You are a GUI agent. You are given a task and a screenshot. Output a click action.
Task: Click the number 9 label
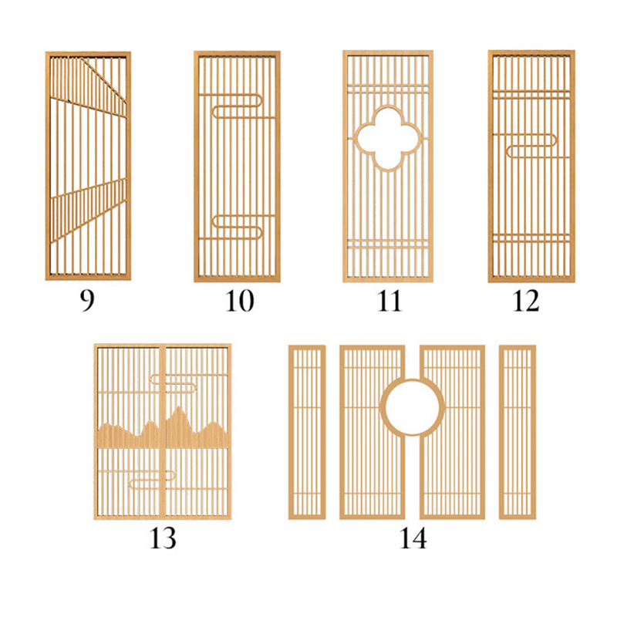(x=87, y=301)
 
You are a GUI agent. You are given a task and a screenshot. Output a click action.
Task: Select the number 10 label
(x=240, y=301)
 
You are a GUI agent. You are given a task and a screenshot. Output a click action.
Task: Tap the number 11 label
(x=389, y=301)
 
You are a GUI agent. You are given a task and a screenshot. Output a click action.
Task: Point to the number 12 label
(x=526, y=301)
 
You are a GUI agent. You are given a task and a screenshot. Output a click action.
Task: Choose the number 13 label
(x=163, y=538)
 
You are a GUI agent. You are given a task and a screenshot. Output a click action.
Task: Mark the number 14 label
(x=413, y=538)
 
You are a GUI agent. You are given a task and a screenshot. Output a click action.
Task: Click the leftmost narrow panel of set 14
(x=307, y=432)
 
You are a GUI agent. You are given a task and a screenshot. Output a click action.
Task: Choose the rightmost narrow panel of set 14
(x=518, y=432)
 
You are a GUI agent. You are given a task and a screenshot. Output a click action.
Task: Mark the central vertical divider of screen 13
(x=163, y=432)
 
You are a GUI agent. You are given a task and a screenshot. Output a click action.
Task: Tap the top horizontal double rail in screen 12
(x=531, y=94)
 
